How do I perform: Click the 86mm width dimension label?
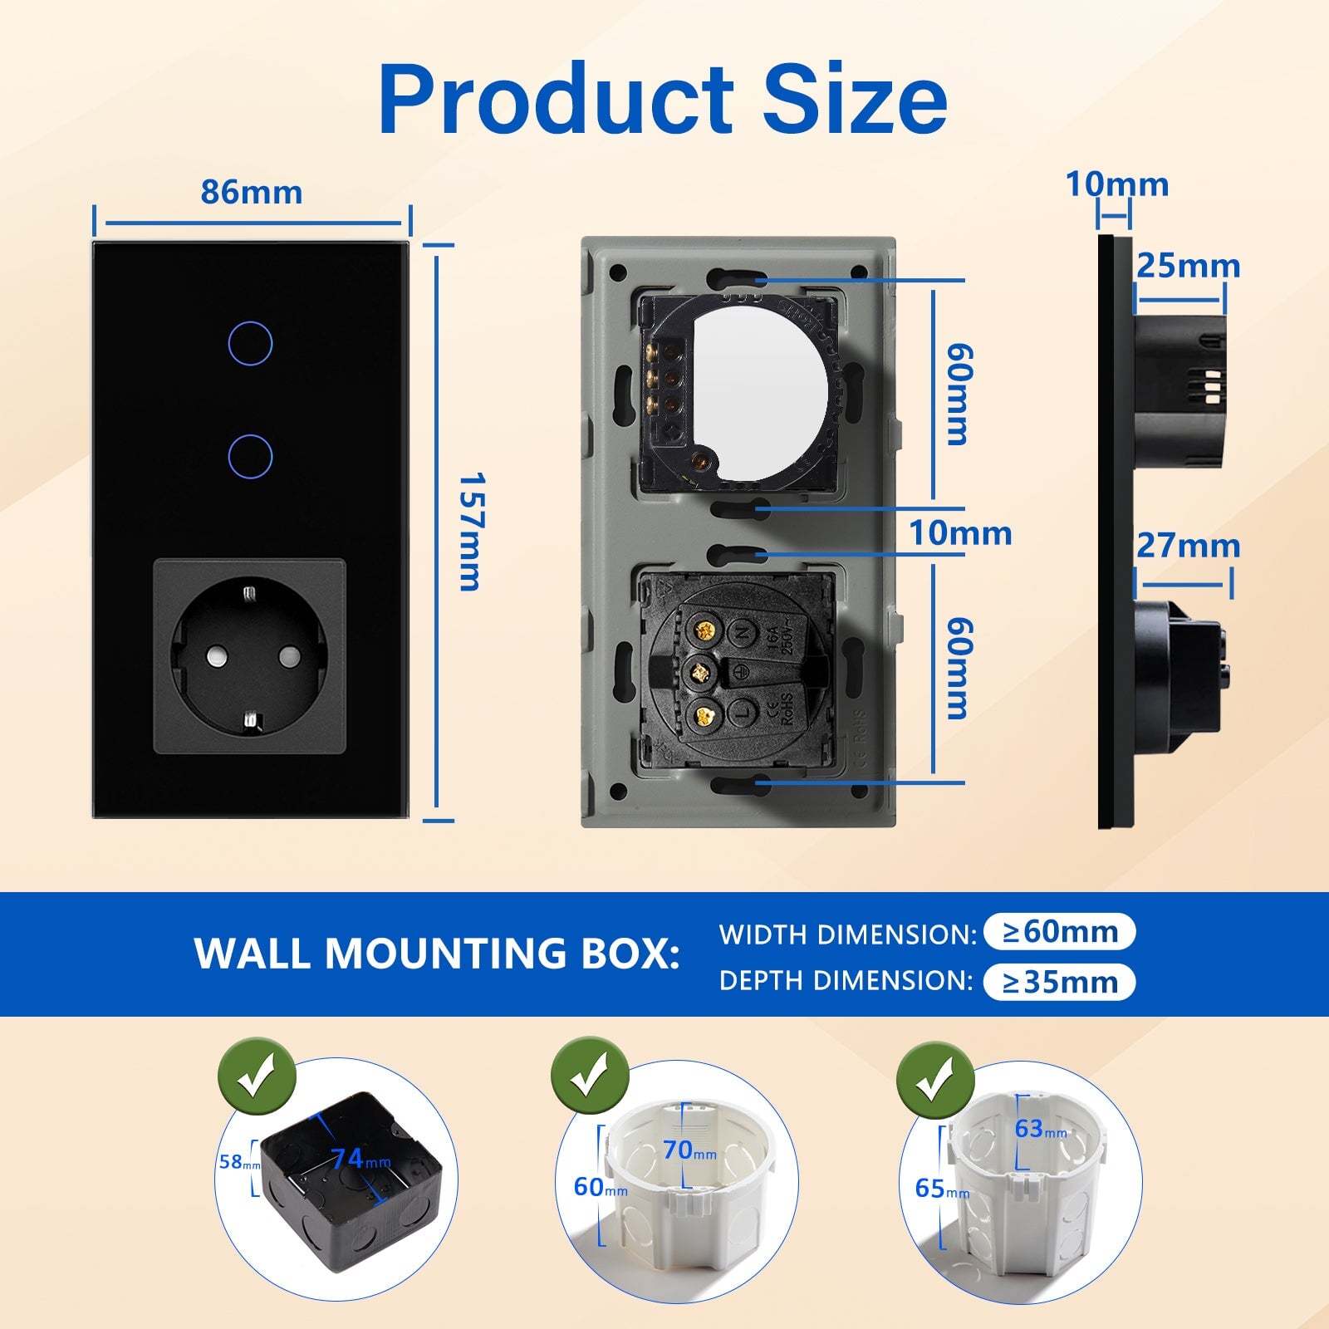[x=251, y=193]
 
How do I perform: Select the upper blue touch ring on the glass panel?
[x=249, y=343]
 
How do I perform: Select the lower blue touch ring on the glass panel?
[x=249, y=456]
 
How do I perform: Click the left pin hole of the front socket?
[x=214, y=657]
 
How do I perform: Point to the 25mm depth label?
[x=1188, y=266]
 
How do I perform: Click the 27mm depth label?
[x=1188, y=546]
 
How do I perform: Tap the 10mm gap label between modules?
[x=960, y=533]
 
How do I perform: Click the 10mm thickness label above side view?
[x=1116, y=184]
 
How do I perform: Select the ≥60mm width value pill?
[x=1059, y=932]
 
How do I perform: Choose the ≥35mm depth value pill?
[x=1059, y=983]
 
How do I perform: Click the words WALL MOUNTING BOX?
[x=437, y=954]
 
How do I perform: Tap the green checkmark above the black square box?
[x=257, y=1077]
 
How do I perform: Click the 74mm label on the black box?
[x=359, y=1159]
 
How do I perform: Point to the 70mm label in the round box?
[x=689, y=1150]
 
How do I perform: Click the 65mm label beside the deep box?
[x=941, y=1189]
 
